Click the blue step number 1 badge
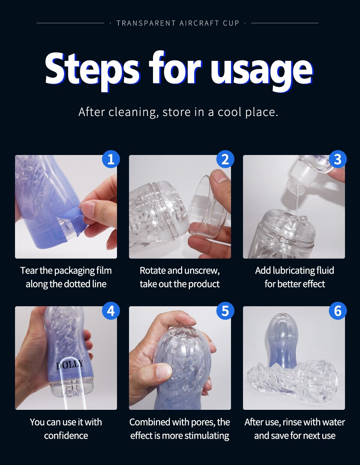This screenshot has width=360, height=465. [x=111, y=159]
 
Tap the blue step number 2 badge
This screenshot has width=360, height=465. [x=225, y=159]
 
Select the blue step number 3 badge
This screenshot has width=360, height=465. [x=338, y=159]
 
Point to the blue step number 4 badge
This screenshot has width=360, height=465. [x=111, y=311]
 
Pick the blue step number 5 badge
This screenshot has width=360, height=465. [x=225, y=311]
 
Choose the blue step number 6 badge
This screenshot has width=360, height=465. [x=338, y=311]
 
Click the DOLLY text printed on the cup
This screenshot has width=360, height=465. [x=69, y=364]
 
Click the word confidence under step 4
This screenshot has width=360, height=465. [x=66, y=435]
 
